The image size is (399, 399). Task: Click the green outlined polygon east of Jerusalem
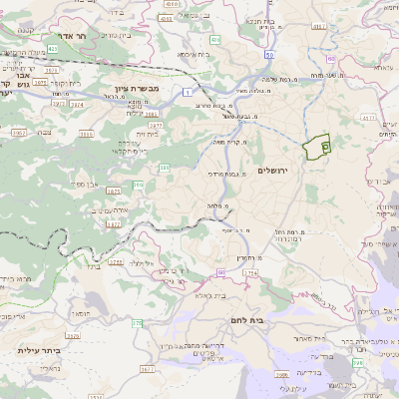pos(319,146)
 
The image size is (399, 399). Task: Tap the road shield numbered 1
pos(187,92)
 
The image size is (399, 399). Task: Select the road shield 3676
pos(149,369)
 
